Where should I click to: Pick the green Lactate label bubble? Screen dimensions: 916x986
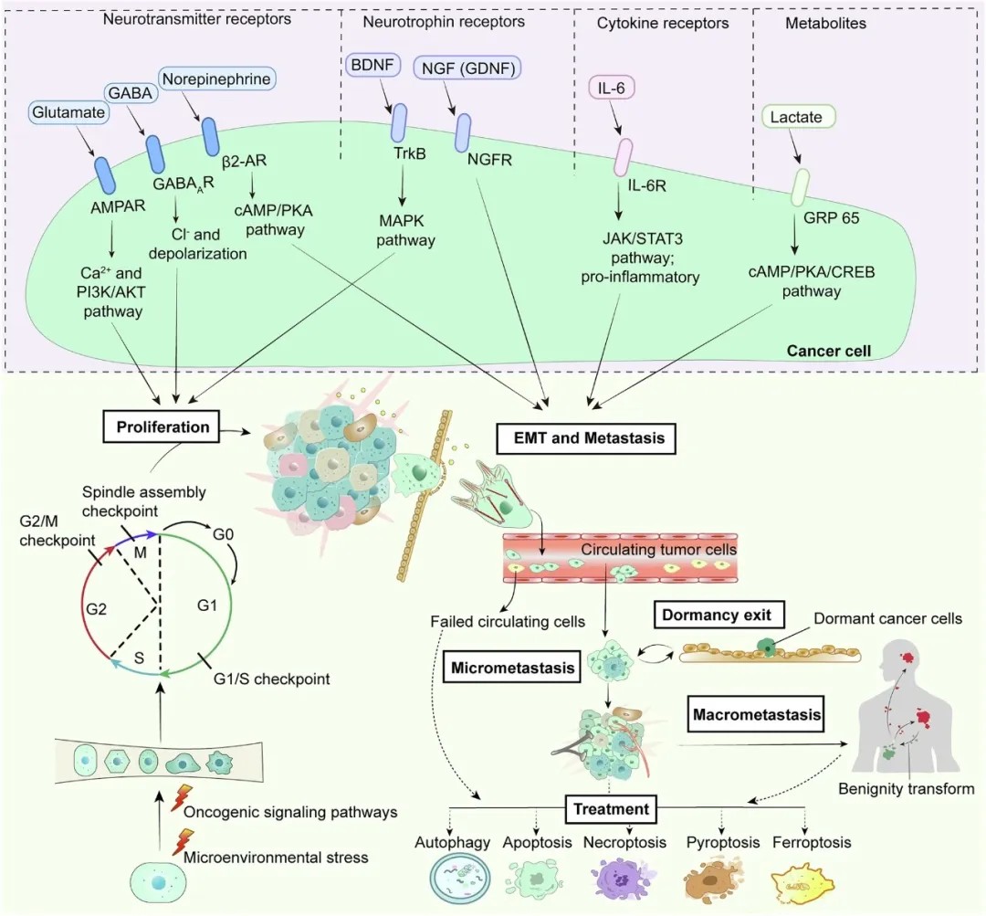click(796, 117)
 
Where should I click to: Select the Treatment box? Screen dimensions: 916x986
click(611, 808)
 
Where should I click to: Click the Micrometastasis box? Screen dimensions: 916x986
click(513, 668)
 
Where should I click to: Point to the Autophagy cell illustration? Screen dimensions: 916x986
click(461, 881)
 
